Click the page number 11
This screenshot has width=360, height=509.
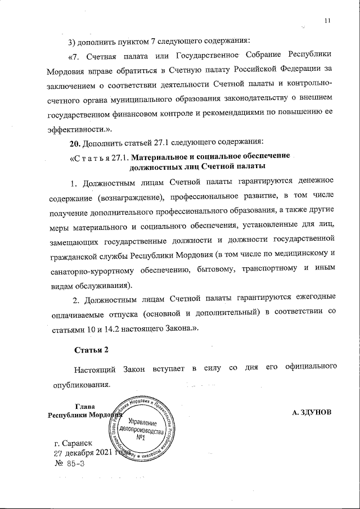(327, 21)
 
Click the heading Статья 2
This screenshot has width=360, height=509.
(91, 349)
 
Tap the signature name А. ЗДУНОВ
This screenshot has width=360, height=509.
(313, 412)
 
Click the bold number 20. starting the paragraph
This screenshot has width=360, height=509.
(75, 140)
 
